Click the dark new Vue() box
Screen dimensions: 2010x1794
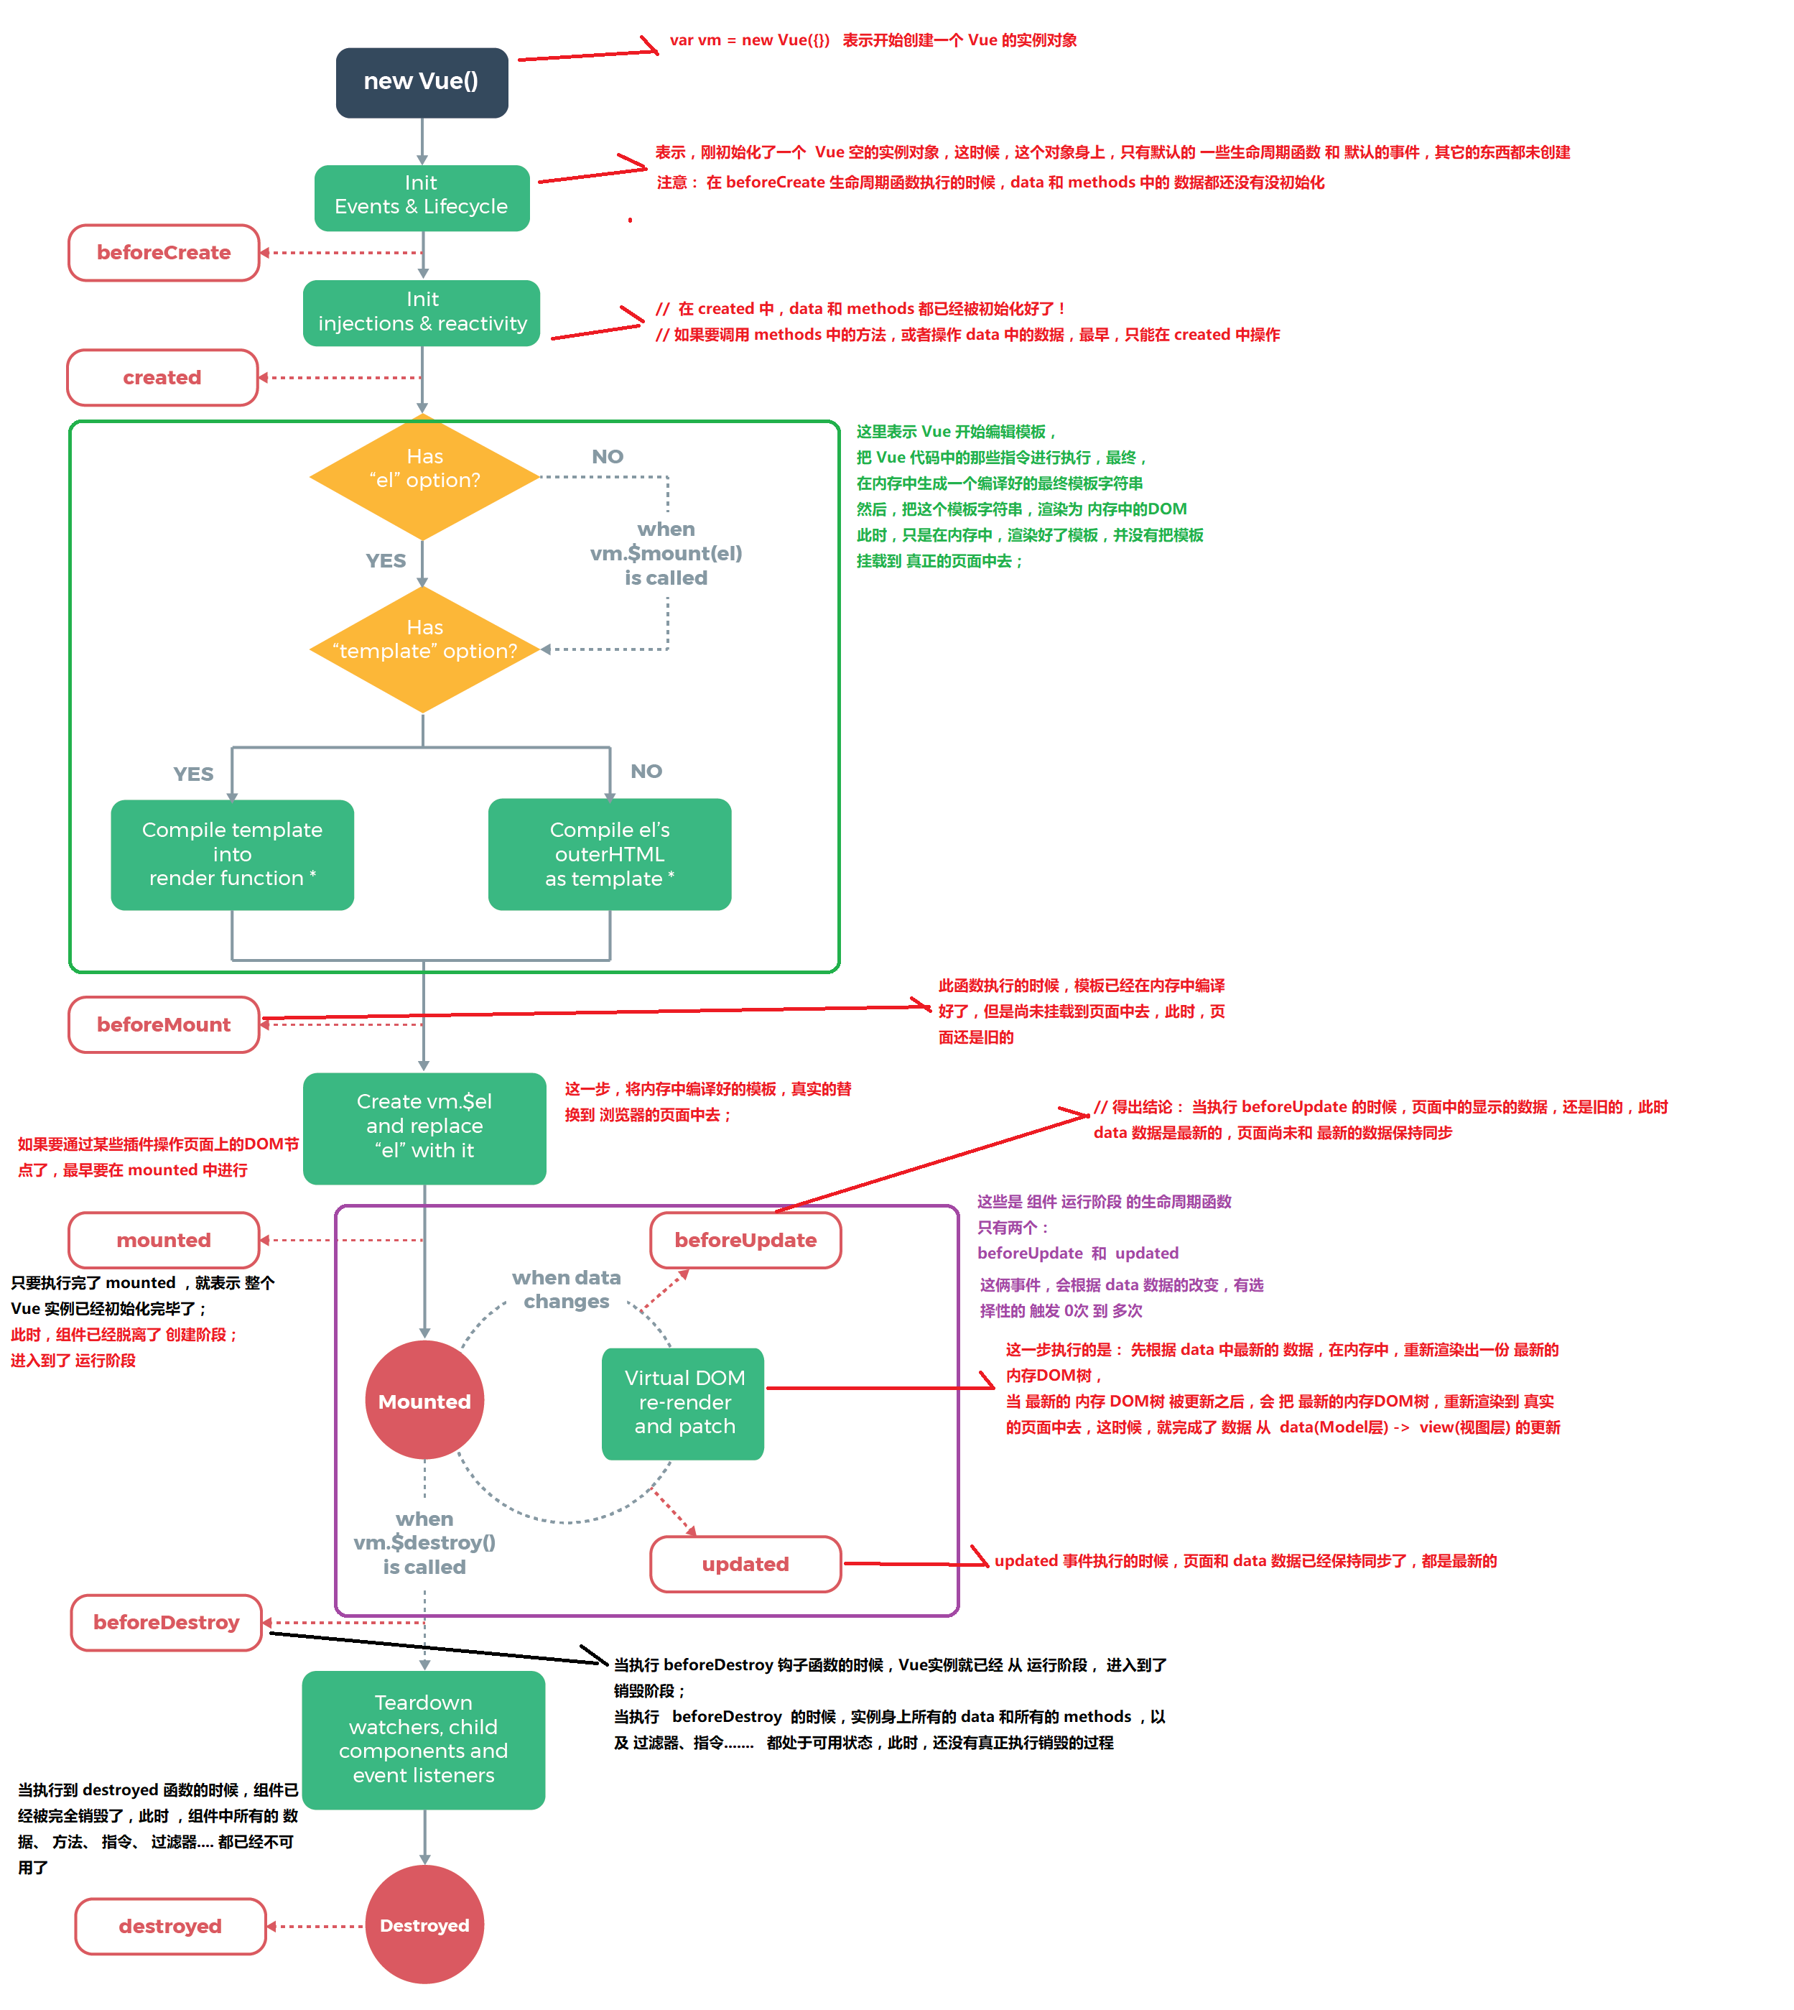coord(422,83)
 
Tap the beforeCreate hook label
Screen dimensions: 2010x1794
coord(164,252)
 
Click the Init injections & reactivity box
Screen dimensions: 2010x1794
coord(422,312)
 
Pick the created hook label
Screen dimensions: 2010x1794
coord(162,378)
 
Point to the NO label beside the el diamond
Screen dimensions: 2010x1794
coord(607,456)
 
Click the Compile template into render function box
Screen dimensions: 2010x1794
coord(233,853)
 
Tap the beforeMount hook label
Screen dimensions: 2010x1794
coord(164,1024)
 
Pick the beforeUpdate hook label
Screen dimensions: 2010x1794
coord(745,1240)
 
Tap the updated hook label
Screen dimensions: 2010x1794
coord(745,1563)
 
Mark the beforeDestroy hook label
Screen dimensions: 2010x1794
coord(167,1621)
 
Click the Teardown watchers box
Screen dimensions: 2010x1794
coord(423,1739)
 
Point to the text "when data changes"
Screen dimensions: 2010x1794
coord(566,1289)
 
